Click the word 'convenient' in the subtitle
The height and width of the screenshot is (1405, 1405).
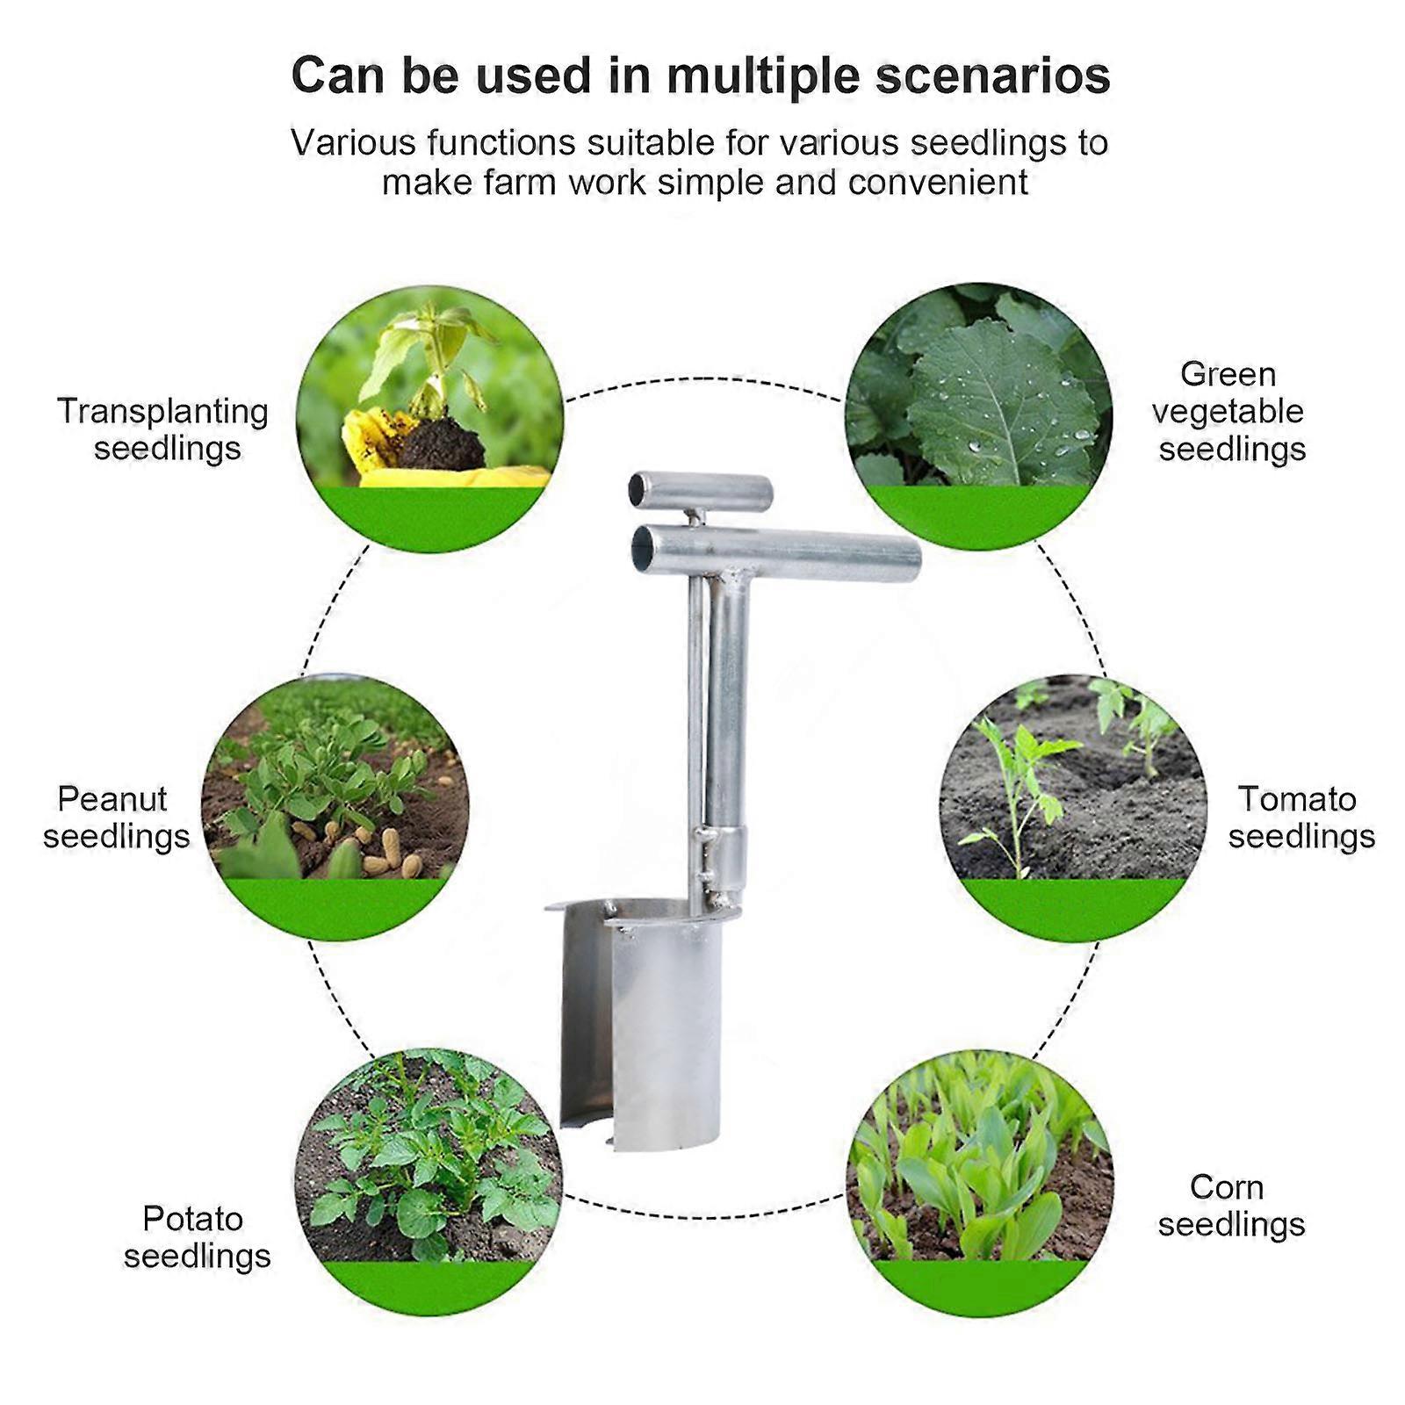(937, 183)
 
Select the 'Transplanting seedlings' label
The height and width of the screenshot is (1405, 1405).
(162, 429)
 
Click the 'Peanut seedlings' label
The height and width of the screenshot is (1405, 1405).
(116, 817)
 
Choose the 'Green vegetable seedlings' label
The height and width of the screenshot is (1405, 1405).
(1229, 411)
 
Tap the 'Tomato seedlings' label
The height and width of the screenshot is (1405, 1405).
(1300, 817)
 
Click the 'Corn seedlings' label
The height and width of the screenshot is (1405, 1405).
(1229, 1205)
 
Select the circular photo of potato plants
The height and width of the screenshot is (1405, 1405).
(429, 1168)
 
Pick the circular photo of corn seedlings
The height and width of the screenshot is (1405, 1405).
(979, 1168)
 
